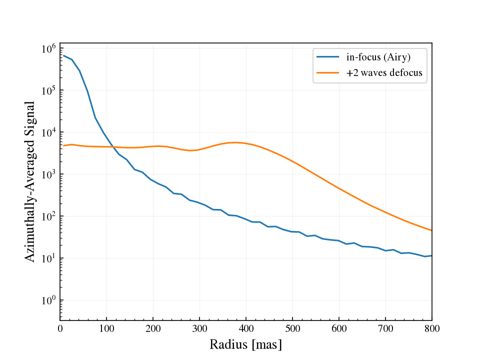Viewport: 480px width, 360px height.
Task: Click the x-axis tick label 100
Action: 106,329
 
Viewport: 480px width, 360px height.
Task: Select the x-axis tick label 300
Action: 199,329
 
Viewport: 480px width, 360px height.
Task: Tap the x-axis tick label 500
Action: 292,329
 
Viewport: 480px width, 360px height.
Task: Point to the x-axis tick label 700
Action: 385,329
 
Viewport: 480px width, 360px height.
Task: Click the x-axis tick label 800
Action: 432,329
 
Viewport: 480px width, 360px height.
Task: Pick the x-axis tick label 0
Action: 60,329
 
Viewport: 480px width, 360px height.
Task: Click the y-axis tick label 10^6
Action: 49,48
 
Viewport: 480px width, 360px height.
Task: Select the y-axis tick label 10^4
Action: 49,132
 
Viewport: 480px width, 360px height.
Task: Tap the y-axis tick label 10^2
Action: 49,216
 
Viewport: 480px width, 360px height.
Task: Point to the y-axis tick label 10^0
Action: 49,300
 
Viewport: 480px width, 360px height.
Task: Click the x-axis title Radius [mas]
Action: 245,344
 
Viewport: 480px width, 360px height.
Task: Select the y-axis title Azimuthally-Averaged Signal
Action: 30,181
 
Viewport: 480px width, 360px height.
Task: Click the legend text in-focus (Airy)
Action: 378,57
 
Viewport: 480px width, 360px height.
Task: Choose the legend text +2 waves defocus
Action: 384,73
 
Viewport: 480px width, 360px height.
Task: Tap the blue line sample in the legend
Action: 328,56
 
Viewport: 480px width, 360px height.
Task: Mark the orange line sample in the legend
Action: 328,72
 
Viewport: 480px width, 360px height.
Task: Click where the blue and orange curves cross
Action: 112,147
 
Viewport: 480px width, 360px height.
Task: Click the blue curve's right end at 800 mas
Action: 431,255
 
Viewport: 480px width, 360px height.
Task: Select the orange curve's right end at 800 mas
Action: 431,230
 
